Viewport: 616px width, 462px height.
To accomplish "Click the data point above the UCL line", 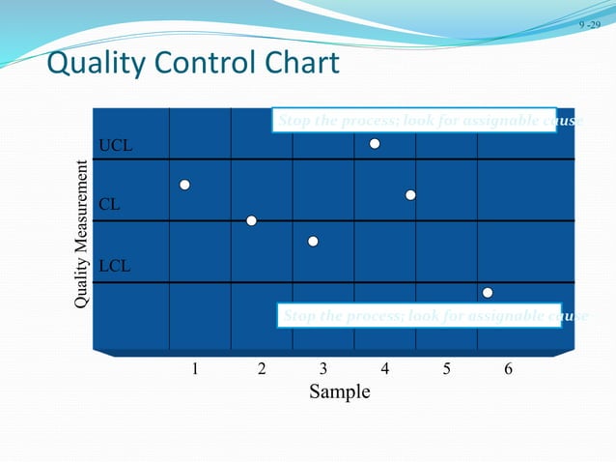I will click(x=375, y=144).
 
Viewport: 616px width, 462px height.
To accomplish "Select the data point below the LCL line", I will click(x=488, y=292).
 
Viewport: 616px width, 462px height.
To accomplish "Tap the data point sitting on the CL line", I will click(x=251, y=220).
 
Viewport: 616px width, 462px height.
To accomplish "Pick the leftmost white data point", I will click(x=184, y=184).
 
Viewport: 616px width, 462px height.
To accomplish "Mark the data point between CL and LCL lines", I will click(x=313, y=241).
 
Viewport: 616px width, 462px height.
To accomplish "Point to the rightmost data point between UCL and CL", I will click(x=410, y=195).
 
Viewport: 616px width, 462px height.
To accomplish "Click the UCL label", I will click(x=116, y=146).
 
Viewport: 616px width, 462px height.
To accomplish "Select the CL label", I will click(x=111, y=205).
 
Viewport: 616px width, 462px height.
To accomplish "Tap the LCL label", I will click(x=116, y=265).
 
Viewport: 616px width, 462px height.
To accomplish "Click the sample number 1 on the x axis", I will click(x=195, y=368).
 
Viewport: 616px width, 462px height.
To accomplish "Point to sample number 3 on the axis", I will click(x=323, y=368).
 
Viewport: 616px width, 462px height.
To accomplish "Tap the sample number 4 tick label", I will click(x=385, y=368).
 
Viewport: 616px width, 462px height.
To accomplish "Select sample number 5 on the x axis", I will click(x=447, y=368).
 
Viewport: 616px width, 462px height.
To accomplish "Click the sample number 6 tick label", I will click(x=509, y=368).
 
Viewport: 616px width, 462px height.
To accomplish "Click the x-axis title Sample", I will click(x=339, y=392).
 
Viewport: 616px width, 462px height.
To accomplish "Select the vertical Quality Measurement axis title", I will click(x=83, y=238).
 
